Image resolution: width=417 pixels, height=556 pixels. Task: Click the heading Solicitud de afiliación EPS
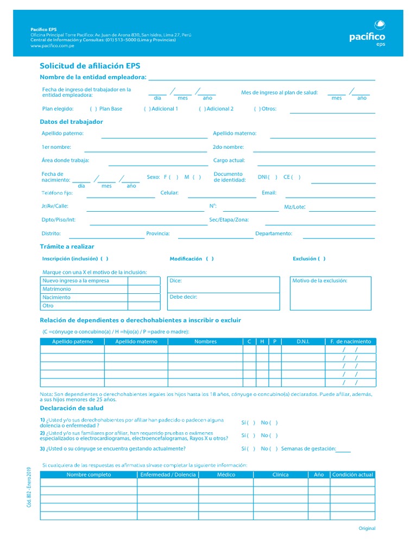pos(90,66)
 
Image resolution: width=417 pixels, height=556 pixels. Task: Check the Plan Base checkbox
pos(93,109)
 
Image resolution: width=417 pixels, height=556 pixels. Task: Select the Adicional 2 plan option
pos(202,109)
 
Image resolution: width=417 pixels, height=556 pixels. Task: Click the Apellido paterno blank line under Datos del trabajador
pos(154,137)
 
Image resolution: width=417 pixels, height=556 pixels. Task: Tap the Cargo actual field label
pos(229,161)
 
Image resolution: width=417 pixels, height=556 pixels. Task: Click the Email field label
pos(269,193)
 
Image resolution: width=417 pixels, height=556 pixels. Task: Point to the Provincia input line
pos(214,237)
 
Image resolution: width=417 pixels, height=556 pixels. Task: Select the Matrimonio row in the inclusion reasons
pos(57,289)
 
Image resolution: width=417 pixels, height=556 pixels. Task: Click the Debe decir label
pos(183,297)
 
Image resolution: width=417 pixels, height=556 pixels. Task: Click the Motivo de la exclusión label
pos(320,281)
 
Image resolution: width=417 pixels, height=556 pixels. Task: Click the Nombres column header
pos(205,342)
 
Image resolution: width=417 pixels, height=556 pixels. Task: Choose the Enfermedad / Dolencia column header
pos(168,475)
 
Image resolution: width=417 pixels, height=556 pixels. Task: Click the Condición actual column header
pos(352,475)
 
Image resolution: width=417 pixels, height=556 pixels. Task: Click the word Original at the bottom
pos(367,528)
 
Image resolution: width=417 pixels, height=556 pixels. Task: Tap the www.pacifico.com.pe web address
pos(53,46)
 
